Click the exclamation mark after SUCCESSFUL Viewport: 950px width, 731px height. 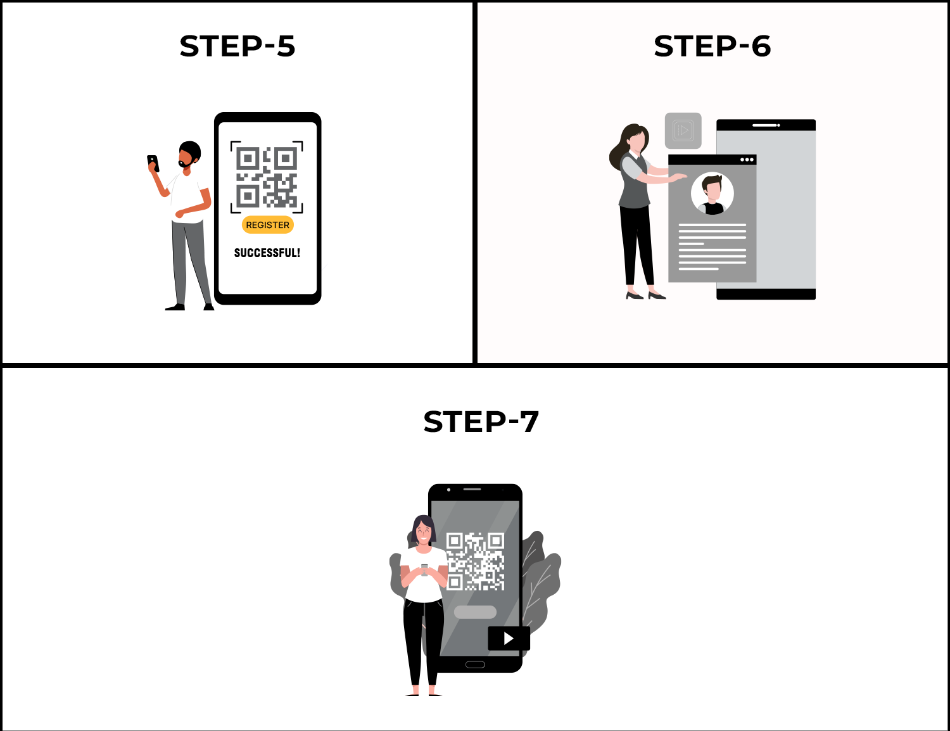pos(298,253)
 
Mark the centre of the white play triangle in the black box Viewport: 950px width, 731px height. pos(509,639)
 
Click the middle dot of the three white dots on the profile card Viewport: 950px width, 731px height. pos(747,160)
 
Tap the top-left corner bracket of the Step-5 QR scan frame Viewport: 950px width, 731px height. pos(235,146)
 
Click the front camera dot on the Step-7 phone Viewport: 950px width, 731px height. pos(448,490)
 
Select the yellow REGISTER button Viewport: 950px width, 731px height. pos(267,225)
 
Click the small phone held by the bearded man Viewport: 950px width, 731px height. pos(153,163)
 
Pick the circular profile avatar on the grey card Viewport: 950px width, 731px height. pos(712,193)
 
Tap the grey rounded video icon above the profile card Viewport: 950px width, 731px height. pos(683,130)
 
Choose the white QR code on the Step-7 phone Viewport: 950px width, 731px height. pos(475,561)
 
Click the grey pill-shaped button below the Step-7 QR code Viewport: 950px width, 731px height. pos(475,612)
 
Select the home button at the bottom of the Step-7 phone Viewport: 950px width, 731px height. pos(475,664)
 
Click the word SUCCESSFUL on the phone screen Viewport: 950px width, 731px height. pos(265,253)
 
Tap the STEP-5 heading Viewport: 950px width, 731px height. pos(237,46)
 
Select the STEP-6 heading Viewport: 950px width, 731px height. pos(712,46)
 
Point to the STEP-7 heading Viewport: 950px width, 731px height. pos(481,422)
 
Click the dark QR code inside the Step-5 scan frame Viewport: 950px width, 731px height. pos(267,177)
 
